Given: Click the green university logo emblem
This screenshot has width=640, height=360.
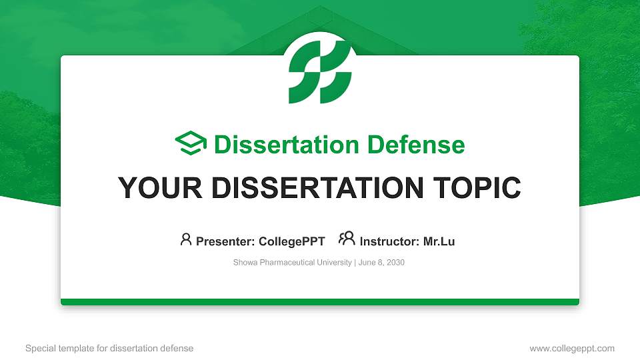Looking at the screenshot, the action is [x=320, y=72].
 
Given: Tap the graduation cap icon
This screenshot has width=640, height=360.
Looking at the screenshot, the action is [x=191, y=143].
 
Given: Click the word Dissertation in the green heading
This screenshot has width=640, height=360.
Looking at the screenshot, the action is [x=287, y=145].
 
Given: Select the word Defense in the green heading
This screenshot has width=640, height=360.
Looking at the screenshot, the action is [x=416, y=145].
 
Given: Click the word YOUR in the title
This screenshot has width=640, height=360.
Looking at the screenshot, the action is [x=160, y=188].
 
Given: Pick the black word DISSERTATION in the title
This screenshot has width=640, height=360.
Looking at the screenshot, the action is [x=317, y=188].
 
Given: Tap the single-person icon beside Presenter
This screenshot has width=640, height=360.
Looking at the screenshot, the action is [x=186, y=239].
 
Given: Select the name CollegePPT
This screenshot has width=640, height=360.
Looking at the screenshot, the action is [x=292, y=241].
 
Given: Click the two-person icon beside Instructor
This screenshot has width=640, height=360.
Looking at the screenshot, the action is [x=347, y=239].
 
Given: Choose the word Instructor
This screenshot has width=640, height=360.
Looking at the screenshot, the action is [x=389, y=241].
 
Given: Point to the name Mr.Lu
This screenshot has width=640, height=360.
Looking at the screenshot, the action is [x=439, y=241].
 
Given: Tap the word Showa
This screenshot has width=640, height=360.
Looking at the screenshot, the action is [x=245, y=263].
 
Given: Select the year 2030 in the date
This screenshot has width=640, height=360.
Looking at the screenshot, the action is [x=395, y=263].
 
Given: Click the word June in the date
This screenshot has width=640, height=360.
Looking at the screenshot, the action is [x=366, y=263].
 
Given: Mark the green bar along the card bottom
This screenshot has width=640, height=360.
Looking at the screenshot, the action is [x=320, y=302].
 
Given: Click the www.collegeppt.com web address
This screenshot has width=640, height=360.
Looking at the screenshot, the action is [x=572, y=349].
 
